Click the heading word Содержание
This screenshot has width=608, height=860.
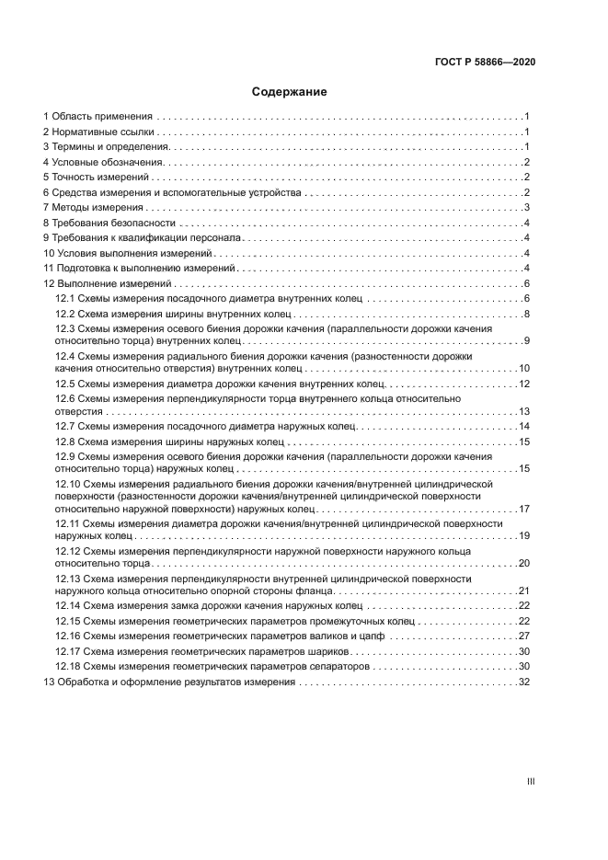click(290, 92)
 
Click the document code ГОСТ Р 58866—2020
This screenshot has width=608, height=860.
click(485, 62)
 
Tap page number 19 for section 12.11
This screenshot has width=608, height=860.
click(524, 535)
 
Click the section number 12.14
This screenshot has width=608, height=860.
click(67, 605)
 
